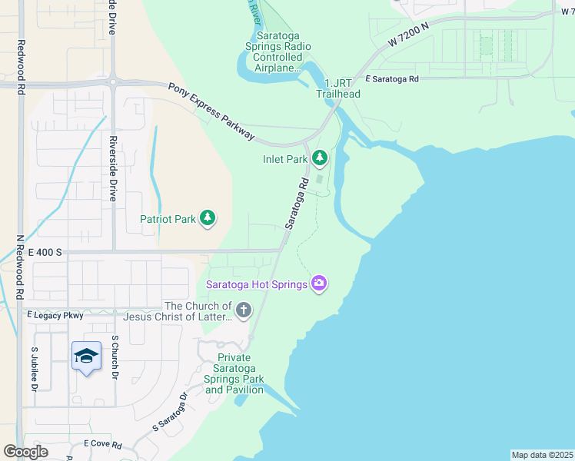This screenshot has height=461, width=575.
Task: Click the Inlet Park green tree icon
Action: pyautogui.click(x=319, y=158)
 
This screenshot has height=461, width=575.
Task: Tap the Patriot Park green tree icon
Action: pyautogui.click(x=207, y=219)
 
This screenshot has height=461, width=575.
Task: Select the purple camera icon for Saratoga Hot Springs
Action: pyautogui.click(x=319, y=284)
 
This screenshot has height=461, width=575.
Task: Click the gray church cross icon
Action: pyautogui.click(x=243, y=310)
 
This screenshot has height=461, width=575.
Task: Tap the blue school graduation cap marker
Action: pyautogui.click(x=86, y=356)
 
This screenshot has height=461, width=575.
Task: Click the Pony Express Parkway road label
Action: pyautogui.click(x=211, y=111)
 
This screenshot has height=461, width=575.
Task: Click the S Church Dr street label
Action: pyautogui.click(x=115, y=357)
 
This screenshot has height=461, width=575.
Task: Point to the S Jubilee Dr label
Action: pyautogui.click(x=34, y=368)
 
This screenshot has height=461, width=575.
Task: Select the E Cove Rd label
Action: pyautogui.click(x=103, y=445)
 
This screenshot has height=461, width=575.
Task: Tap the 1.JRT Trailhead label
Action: pyautogui.click(x=337, y=88)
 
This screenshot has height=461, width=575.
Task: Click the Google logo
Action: pyautogui.click(x=25, y=451)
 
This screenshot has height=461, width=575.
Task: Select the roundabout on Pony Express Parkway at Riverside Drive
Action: pyautogui.click(x=112, y=81)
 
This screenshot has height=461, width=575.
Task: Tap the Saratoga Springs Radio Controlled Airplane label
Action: pyautogui.click(x=278, y=51)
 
